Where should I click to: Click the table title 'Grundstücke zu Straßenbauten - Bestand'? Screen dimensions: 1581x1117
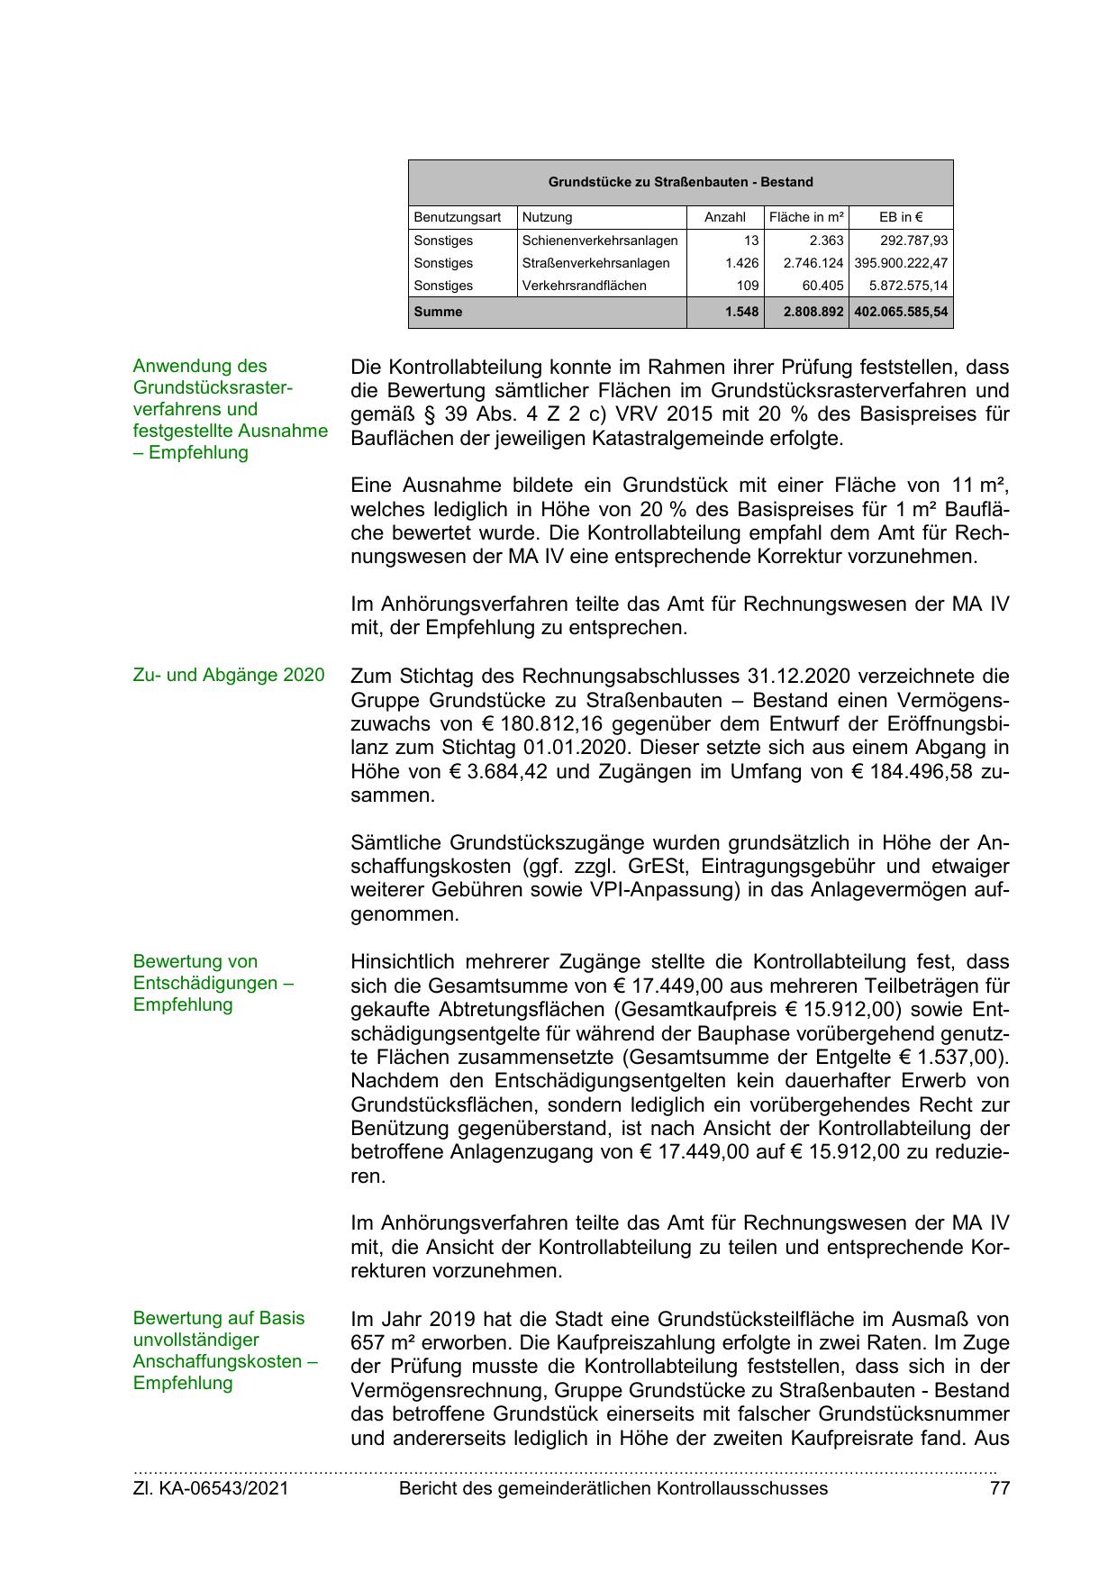(680, 182)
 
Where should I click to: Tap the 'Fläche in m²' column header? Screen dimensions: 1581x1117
(806, 217)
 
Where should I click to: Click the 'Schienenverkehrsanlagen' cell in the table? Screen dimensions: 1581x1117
(600, 241)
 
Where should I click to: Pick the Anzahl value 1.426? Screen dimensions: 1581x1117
(742, 263)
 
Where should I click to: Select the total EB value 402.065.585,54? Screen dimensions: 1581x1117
(901, 312)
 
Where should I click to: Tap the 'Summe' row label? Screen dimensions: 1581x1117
(438, 312)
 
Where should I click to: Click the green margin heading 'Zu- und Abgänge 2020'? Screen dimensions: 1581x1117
(229, 675)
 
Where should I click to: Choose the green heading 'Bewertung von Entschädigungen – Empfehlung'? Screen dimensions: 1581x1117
(213, 983)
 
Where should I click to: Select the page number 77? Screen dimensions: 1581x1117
(999, 1488)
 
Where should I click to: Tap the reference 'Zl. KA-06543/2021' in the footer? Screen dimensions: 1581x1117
(211, 1488)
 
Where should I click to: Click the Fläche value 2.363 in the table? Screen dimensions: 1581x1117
(826, 241)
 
